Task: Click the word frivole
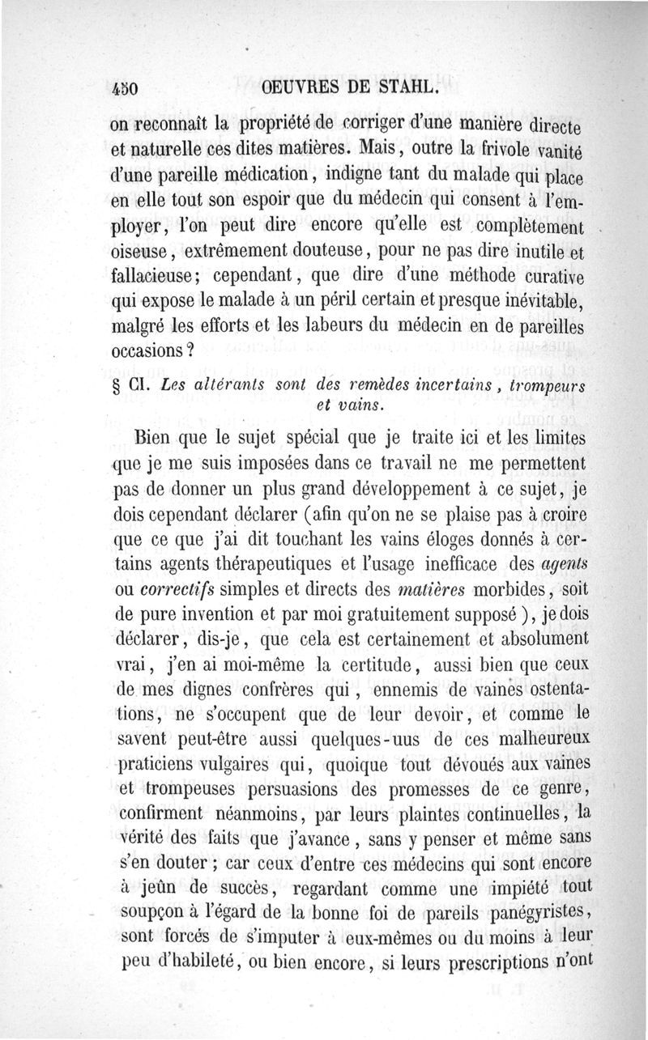click(506, 151)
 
